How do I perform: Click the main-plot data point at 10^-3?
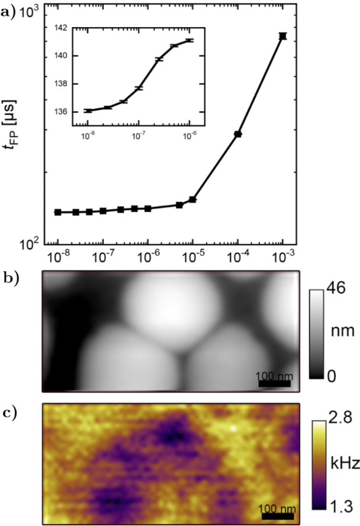283,36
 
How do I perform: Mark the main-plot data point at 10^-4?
238,134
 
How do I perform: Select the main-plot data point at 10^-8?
58,212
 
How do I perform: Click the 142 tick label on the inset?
62,28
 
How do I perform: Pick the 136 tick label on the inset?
62,111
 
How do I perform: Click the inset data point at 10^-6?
189,40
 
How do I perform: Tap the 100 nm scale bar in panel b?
274,383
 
